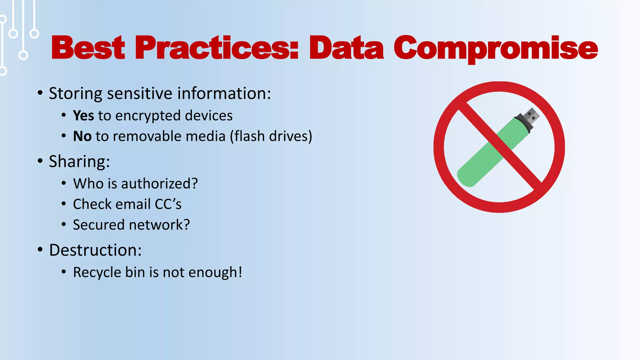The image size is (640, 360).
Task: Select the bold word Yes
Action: coord(83,116)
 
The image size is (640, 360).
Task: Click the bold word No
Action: coord(82,136)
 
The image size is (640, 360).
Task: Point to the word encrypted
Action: coord(148,116)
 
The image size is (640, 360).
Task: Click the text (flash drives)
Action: coord(271,136)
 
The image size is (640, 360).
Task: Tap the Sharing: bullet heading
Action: coord(79,162)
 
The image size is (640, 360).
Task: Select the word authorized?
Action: coord(159,183)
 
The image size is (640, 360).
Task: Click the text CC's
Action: coord(168,204)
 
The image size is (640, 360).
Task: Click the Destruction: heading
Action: coord(95,250)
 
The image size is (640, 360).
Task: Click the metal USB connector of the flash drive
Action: coord(532,116)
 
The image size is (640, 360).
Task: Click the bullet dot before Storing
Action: coord(40,93)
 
